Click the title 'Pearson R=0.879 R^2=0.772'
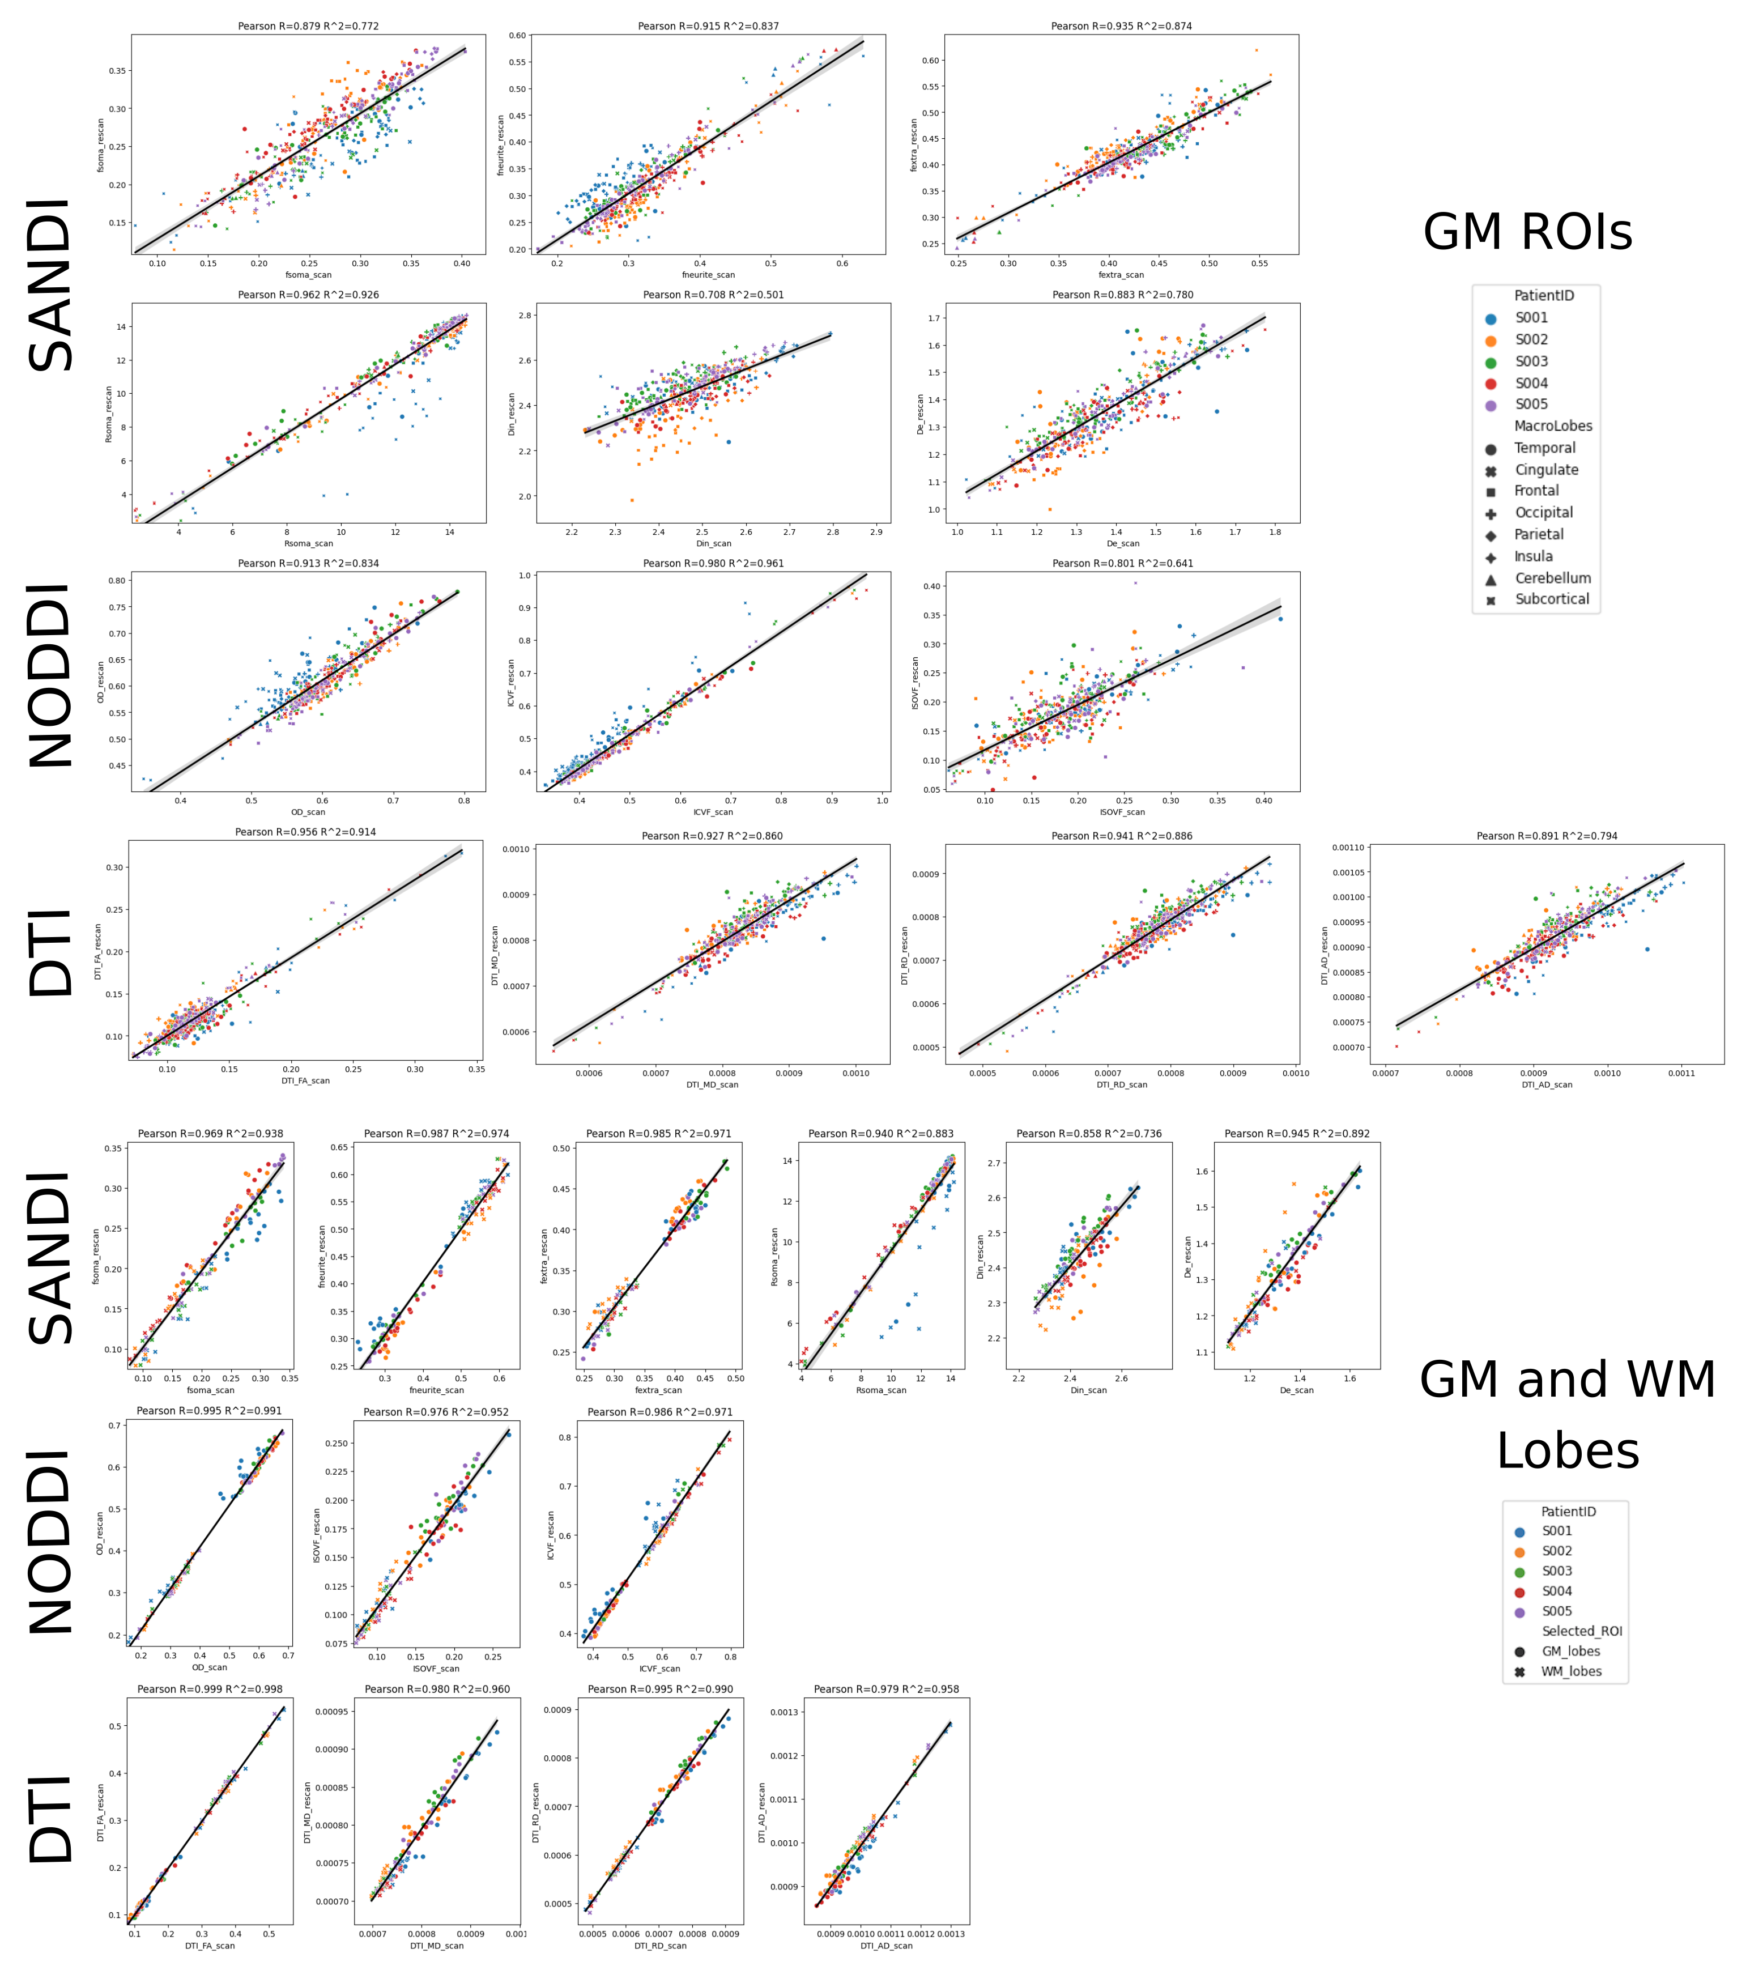click(x=309, y=26)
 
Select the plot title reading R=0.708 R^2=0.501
click(x=713, y=295)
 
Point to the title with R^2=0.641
click(x=1122, y=564)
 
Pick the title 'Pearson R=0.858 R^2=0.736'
click(x=1088, y=1133)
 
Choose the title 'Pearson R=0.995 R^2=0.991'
click(x=210, y=1411)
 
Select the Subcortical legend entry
click(x=1551, y=599)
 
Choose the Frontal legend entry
click(x=1536, y=491)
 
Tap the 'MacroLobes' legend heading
click(x=1553, y=426)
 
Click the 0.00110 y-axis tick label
click(x=1347, y=848)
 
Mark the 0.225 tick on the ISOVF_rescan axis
click(x=335, y=1472)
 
